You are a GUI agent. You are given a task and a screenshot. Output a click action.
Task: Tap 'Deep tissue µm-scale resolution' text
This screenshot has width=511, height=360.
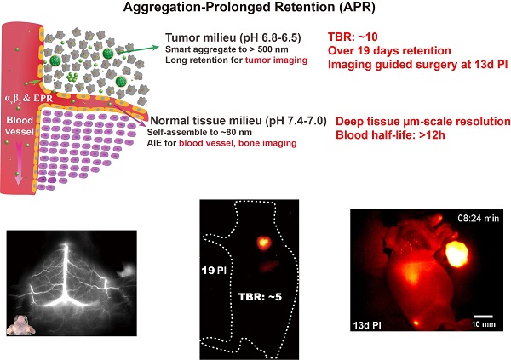[x=423, y=123]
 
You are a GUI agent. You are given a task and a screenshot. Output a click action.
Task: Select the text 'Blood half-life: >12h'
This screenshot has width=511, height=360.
[x=392, y=137]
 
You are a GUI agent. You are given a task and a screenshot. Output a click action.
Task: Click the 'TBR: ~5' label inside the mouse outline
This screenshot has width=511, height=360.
[x=260, y=299]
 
